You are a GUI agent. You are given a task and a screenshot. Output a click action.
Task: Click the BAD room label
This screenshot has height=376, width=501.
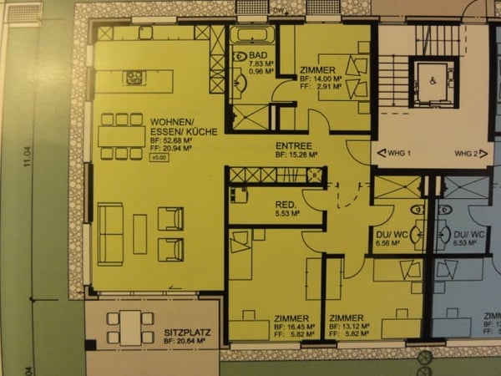(258, 55)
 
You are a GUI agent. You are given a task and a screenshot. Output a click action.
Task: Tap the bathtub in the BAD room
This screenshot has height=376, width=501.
(251, 36)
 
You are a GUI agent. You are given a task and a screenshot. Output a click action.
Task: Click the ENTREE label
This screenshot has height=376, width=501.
(294, 145)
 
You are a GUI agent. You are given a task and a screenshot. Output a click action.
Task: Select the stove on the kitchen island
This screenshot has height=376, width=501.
(135, 79)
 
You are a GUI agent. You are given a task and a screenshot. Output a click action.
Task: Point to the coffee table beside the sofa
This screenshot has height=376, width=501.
(139, 233)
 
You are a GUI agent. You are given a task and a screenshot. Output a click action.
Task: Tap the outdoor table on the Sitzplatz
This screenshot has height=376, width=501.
(130, 326)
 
